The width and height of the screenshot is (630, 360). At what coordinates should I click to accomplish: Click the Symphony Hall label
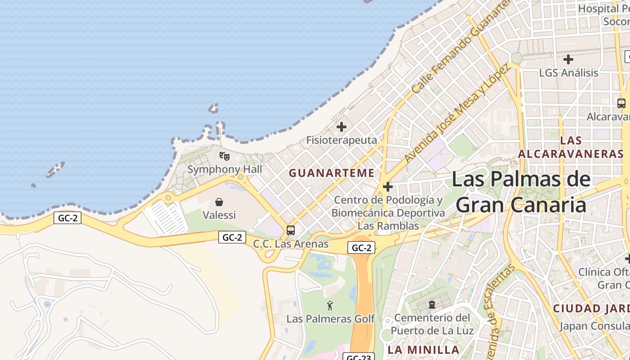point(225,170)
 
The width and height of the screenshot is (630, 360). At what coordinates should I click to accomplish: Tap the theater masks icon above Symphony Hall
point(225,156)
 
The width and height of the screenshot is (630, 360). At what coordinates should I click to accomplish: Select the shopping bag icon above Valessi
point(219,202)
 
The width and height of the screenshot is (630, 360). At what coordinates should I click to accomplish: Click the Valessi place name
point(219,215)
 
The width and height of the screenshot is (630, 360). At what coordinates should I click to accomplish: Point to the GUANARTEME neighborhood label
point(332,173)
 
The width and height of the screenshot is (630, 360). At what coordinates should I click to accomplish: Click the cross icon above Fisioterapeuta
point(342,127)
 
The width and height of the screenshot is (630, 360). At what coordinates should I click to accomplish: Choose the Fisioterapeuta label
point(342,140)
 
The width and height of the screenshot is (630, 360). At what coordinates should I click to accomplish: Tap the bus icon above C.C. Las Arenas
point(291,230)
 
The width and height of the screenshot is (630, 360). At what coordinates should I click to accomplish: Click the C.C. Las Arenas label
point(291,244)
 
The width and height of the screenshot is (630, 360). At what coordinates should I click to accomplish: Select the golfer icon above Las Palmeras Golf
point(330,306)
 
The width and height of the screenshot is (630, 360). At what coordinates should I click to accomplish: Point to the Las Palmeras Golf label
point(330,319)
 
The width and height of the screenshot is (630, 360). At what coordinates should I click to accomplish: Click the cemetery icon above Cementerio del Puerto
point(432,305)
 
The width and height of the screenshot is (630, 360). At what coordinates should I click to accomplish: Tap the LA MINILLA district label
point(423,350)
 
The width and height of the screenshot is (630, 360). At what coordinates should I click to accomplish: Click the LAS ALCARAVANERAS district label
point(571,147)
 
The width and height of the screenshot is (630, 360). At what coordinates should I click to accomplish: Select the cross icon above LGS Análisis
point(568,59)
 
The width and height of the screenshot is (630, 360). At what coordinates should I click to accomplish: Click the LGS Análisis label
point(569,73)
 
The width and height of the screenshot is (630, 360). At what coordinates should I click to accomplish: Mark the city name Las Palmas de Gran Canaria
point(521,192)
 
